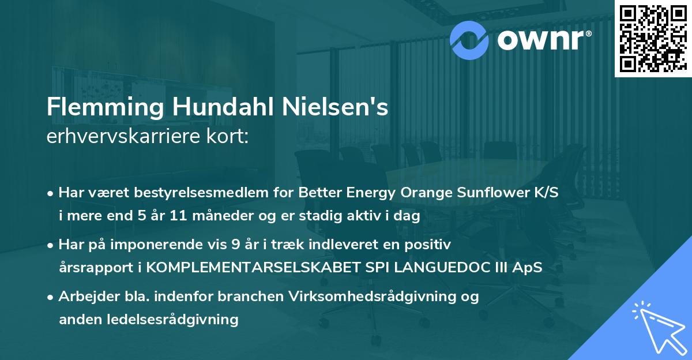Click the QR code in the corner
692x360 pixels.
tap(653, 39)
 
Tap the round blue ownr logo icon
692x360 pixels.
tap(469, 40)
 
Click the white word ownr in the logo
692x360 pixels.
tap(541, 40)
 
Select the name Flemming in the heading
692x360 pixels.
tap(105, 107)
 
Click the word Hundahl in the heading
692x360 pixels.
tap(223, 107)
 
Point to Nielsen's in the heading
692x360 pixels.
tap(335, 107)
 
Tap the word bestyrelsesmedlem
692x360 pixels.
tap(201, 193)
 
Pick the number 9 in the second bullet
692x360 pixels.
tap(235, 245)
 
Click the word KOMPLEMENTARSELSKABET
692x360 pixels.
tap(253, 267)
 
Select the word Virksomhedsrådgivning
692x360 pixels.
tap(373, 297)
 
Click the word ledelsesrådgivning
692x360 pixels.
tap(172, 320)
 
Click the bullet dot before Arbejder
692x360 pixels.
tap(50, 298)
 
